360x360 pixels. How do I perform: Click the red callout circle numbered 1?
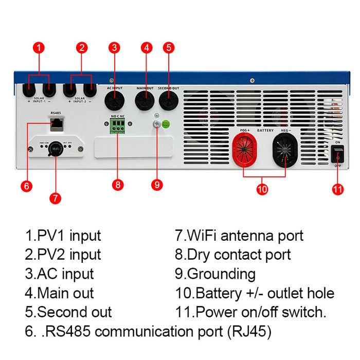click(39, 48)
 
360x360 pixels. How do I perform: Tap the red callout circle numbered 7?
click(56, 197)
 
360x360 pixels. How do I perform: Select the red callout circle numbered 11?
click(337, 189)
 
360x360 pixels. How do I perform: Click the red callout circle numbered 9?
click(158, 184)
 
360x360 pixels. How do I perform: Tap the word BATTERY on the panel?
click(265, 131)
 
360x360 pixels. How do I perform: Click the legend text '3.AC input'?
click(59, 274)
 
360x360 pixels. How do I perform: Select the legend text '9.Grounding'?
click(215, 274)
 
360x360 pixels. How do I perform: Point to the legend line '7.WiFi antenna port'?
click(239, 236)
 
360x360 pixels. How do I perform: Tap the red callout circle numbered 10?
click(262, 189)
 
